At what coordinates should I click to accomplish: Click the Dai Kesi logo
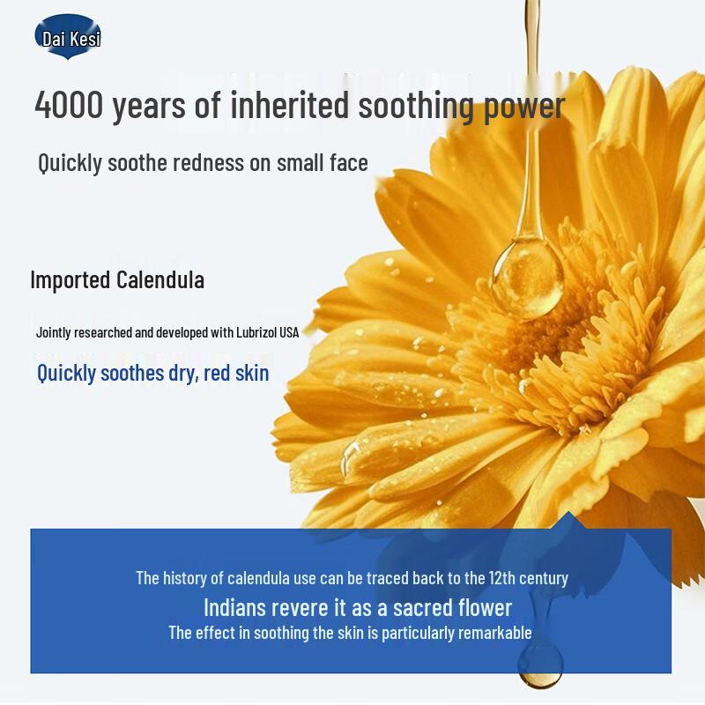(68, 38)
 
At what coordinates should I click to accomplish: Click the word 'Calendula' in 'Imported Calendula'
(161, 280)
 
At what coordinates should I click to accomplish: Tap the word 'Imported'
(70, 280)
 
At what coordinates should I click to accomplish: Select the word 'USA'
(289, 332)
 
